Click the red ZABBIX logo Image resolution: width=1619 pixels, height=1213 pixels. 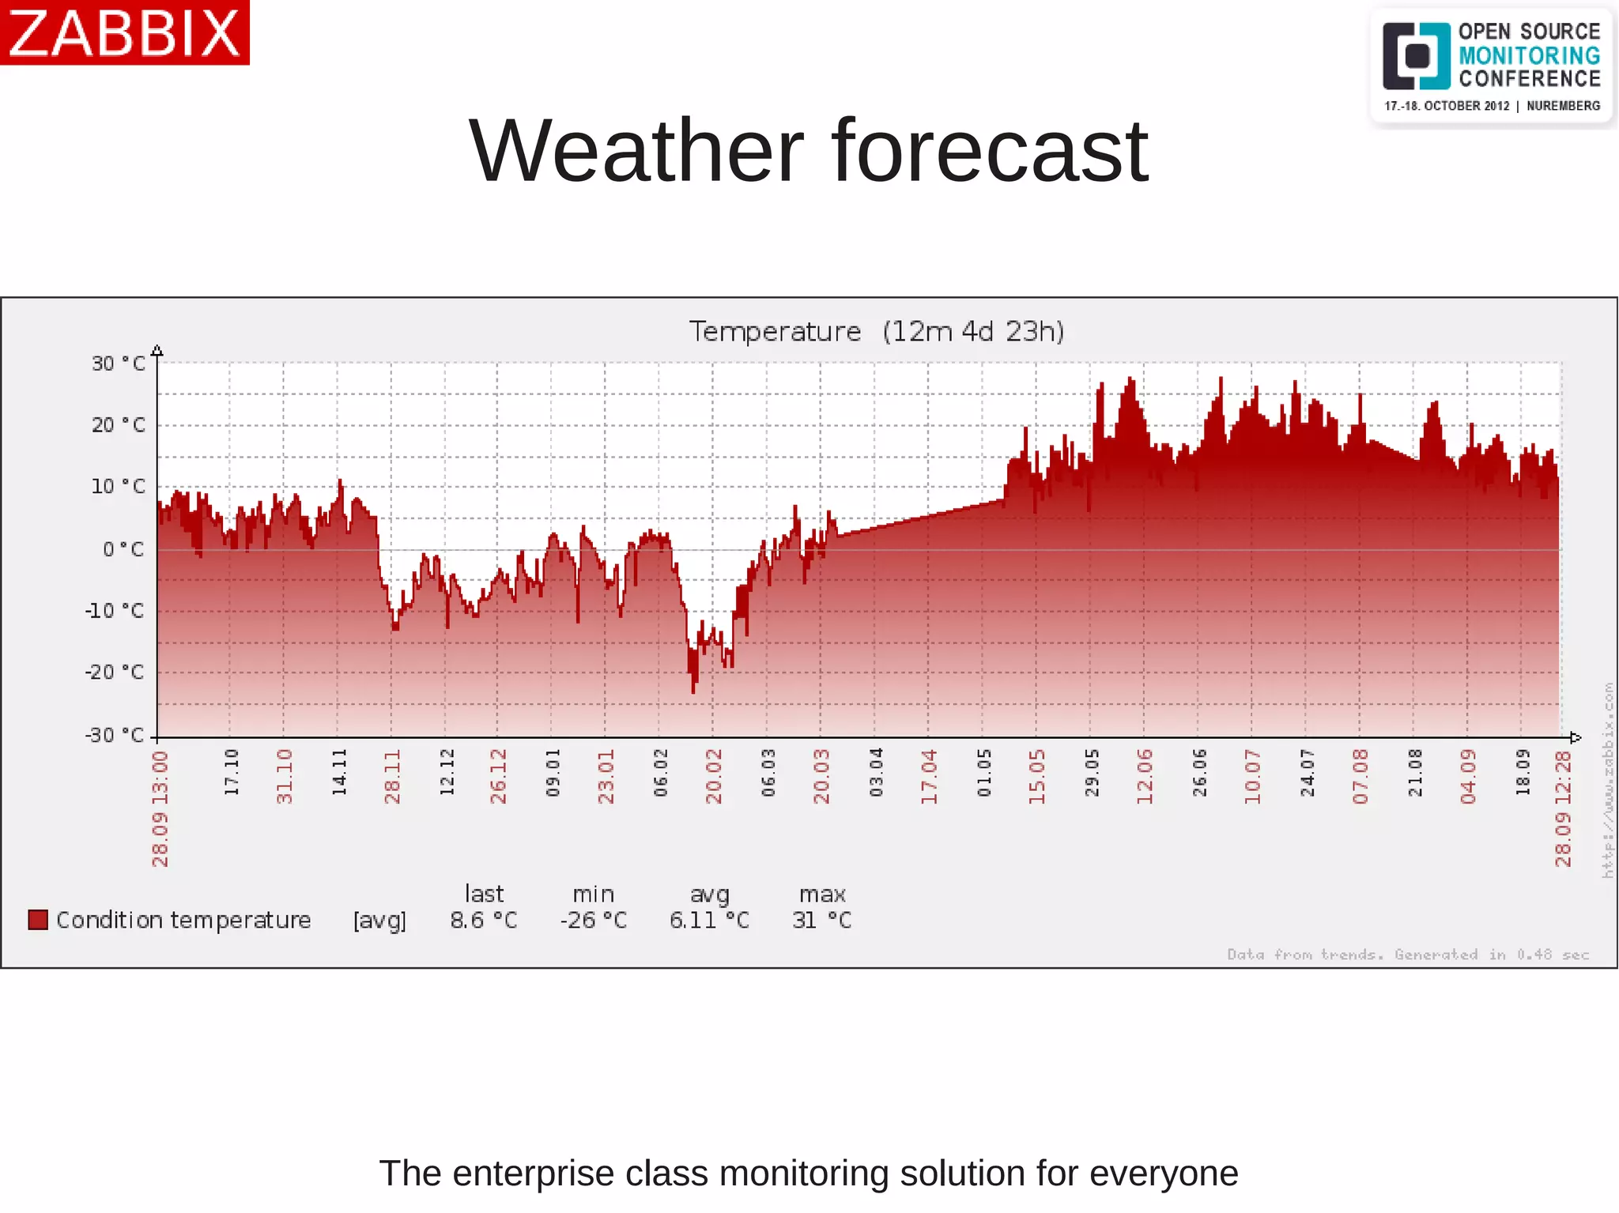coord(124,32)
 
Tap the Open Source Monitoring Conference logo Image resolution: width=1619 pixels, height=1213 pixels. coord(1491,67)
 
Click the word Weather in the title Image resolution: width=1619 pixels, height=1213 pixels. coord(636,151)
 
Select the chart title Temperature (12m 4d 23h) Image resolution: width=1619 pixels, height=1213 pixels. coord(876,331)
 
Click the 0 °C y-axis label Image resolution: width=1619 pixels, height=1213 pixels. coord(123,549)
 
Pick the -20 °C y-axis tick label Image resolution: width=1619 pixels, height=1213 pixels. coord(115,672)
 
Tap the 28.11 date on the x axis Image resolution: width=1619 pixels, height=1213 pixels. coord(393,777)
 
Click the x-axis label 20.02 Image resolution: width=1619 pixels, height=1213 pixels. coord(714,777)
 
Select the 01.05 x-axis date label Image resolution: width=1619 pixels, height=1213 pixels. coord(983,774)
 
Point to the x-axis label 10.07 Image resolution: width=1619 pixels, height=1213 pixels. coord(1252,777)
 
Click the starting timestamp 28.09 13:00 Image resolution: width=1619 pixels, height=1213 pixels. coord(160,808)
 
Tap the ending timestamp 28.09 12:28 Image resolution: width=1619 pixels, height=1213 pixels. coord(1563,808)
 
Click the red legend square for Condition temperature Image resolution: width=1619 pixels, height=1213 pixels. coord(38,920)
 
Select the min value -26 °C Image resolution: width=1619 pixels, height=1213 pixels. coord(593,921)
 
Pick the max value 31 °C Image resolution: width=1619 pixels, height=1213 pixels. coord(822,921)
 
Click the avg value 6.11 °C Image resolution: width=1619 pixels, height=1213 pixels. coord(709,921)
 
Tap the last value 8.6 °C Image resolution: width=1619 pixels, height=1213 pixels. coord(483,921)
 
